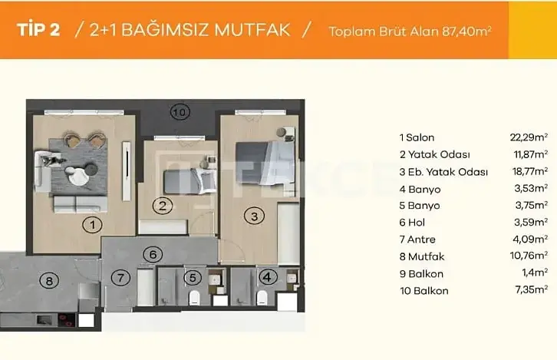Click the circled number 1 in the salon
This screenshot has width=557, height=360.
coord(92,225)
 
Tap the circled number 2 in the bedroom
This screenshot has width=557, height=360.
coord(163,206)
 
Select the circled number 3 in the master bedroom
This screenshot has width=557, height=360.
coord(255,216)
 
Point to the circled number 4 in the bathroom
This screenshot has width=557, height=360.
coord(267,277)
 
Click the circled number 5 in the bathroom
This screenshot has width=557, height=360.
coord(193,278)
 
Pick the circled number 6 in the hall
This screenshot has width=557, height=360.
coord(153,254)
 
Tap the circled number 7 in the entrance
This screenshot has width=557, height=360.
coord(120,278)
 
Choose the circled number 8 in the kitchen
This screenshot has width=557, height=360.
coord(49,281)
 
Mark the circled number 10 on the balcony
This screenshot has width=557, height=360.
coord(180,112)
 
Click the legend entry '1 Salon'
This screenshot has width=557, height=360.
coord(417,137)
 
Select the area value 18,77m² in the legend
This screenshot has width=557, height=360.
coord(529,172)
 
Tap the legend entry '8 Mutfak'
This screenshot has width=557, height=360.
coord(422,256)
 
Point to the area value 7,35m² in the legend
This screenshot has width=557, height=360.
coord(531,289)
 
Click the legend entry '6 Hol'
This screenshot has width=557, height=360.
coord(412,223)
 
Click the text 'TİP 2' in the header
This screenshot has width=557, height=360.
coord(38,30)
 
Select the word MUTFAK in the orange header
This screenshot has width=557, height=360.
coord(252,30)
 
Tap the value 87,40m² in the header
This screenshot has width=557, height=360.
coord(466,31)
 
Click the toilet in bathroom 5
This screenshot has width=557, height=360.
coord(194,298)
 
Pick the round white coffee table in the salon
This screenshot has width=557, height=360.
coord(78,177)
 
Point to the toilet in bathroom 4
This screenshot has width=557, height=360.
coord(262,298)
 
